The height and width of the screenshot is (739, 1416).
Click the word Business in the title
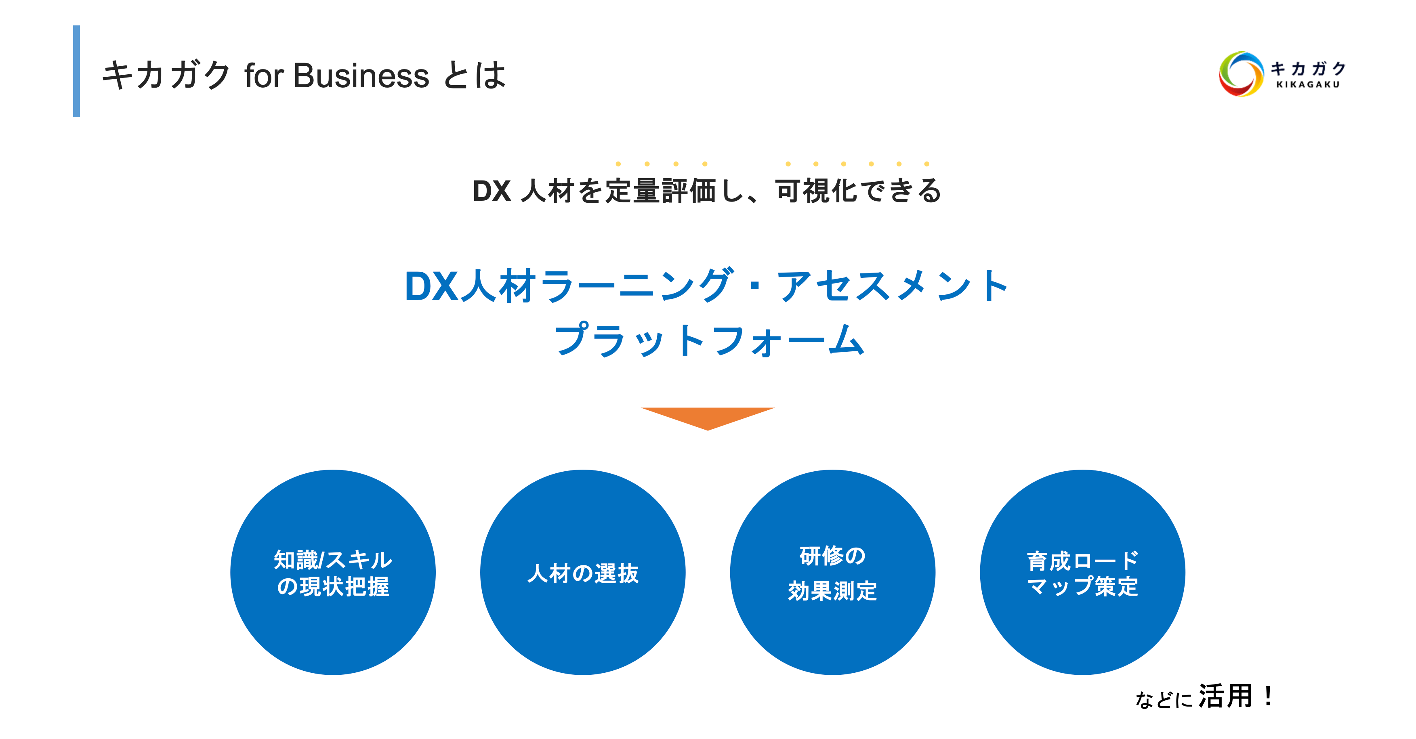click(361, 76)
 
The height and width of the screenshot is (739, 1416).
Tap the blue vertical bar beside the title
click(76, 71)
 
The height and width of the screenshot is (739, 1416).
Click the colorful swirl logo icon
click(1240, 74)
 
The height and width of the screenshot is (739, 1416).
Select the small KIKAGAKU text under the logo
click(1308, 85)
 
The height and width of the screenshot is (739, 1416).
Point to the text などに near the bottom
click(1163, 699)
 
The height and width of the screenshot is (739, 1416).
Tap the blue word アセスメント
click(892, 286)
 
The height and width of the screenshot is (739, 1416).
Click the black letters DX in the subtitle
click(492, 191)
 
